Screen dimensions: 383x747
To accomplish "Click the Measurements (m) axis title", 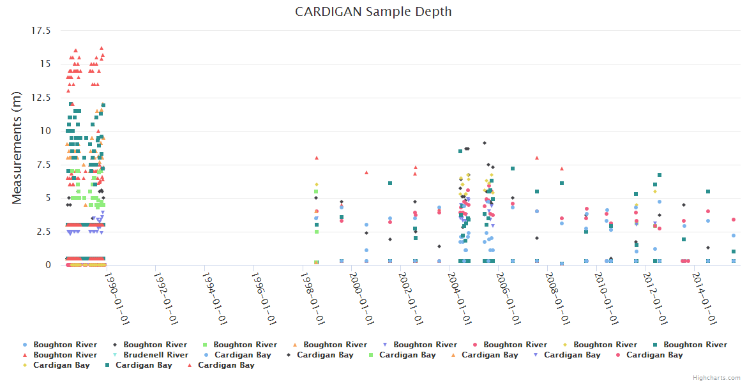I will click(17, 147).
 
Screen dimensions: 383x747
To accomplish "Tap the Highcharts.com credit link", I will click(716, 377).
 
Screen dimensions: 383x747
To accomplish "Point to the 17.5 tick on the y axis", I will click(41, 30).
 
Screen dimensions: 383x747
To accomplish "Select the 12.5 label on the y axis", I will click(41, 97).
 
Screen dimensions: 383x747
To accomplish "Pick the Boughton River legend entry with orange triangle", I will click(335, 345).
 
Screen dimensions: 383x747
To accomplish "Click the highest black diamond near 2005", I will click(485, 143).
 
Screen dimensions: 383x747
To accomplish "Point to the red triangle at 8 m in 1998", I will click(316, 158).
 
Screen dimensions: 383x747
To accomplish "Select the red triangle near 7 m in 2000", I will click(366, 172).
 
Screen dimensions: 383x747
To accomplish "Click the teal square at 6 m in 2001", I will click(390, 183).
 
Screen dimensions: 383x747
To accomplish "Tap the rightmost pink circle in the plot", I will click(734, 220).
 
